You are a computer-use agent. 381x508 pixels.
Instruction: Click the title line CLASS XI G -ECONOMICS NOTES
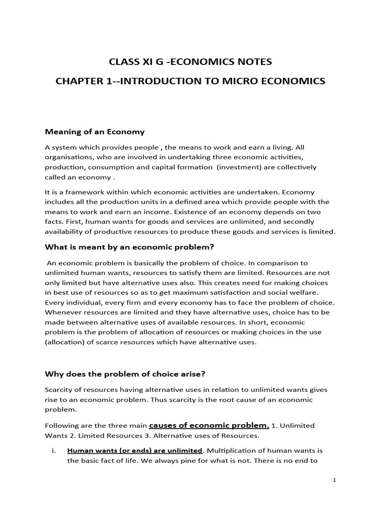pos(190,62)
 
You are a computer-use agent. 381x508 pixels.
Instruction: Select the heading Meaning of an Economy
pos(95,132)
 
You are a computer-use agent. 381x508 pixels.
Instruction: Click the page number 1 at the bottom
pos(335,480)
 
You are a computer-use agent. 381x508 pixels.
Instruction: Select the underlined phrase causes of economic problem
pos(209,425)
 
